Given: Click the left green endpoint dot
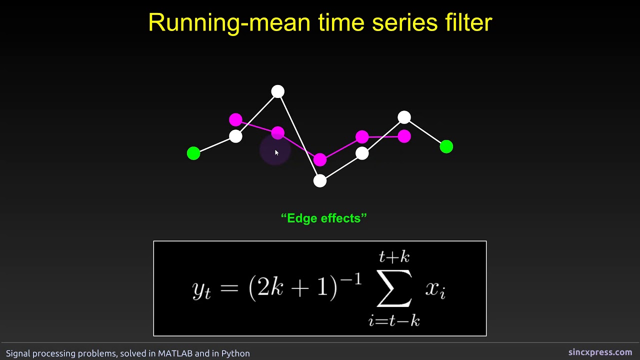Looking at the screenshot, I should tap(193, 153).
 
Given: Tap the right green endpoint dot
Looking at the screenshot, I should tap(446, 146).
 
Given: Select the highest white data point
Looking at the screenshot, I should tap(277, 91).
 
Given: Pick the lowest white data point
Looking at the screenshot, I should tap(320, 180).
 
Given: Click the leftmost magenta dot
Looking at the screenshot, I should tap(235, 120).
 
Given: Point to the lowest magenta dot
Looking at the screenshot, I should tap(320, 159).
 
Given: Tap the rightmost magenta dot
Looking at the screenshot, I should tap(404, 136).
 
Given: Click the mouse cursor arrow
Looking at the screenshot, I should tap(276, 152).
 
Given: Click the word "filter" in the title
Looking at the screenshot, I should tap(464, 22).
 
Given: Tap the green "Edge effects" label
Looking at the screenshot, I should tap(324, 218).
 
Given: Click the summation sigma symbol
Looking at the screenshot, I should tap(394, 288).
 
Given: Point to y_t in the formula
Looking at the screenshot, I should tap(201, 289).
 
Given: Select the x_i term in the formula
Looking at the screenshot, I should tap(435, 289).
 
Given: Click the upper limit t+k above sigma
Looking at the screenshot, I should tap(394, 257).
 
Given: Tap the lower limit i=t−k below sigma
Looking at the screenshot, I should tap(394, 320).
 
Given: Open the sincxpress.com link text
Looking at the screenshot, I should tap(600, 352).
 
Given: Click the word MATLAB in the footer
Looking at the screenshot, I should tap(175, 353).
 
